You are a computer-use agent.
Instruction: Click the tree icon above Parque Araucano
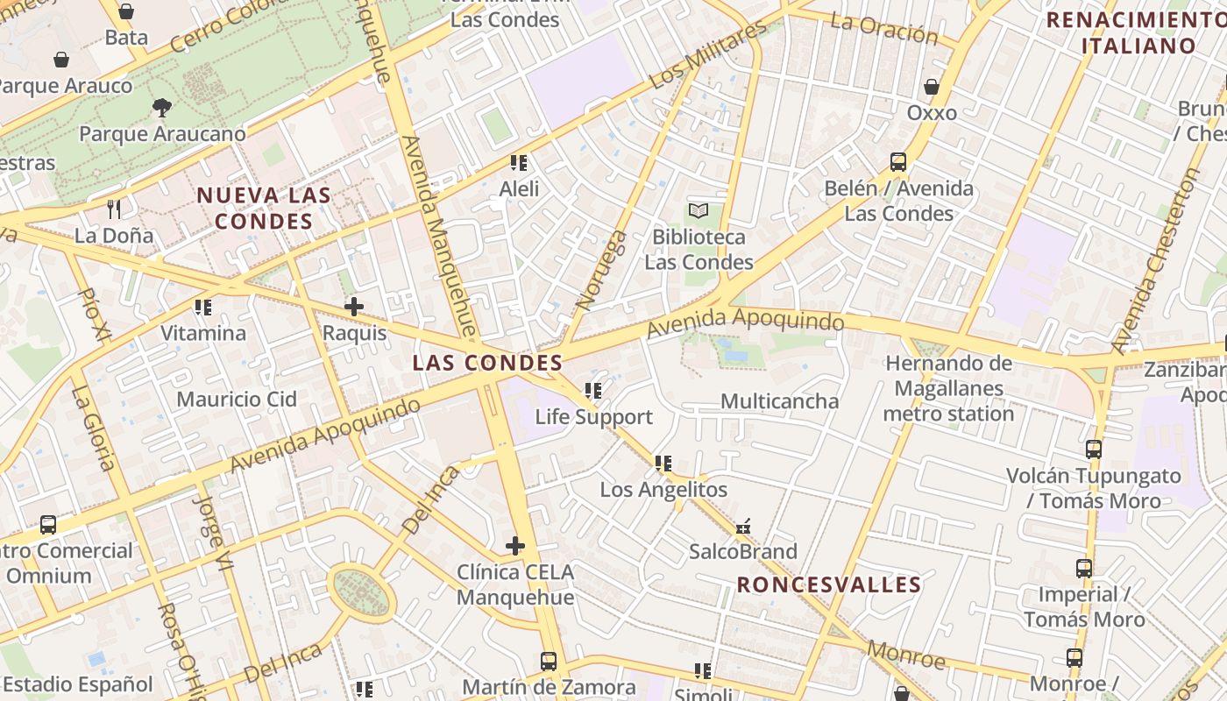[x=161, y=108]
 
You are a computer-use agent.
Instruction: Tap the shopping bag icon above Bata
[x=126, y=11]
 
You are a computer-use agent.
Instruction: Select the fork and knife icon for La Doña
[x=113, y=209]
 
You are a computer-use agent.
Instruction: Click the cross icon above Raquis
[x=354, y=307]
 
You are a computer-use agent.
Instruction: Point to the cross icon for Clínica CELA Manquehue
[x=515, y=546]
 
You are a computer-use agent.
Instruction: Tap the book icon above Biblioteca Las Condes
[x=699, y=210]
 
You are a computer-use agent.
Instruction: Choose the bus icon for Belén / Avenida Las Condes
[x=898, y=162]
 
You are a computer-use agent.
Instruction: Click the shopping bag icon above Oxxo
[x=932, y=87]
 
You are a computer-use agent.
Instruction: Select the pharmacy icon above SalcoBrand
[x=743, y=527]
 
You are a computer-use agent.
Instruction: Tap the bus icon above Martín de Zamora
[x=549, y=662]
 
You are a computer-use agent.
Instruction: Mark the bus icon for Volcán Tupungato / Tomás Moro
[x=1094, y=450]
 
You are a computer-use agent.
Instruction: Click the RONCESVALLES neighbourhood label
[x=829, y=584]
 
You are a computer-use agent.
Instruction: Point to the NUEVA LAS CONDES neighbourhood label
[x=264, y=208]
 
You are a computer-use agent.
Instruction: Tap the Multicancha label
[x=779, y=401]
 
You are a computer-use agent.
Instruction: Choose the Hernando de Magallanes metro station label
[x=948, y=388]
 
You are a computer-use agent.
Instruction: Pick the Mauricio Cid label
[x=237, y=400]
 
